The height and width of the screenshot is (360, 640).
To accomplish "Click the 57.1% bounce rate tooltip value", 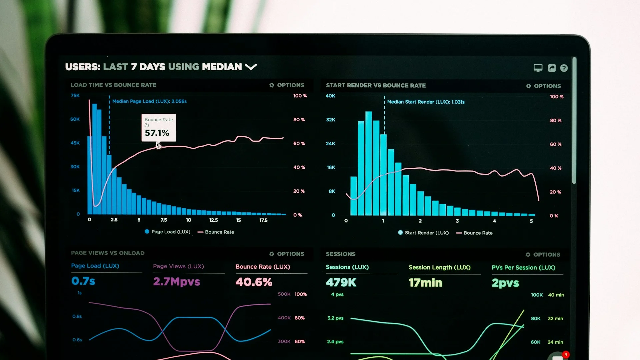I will click(157, 133).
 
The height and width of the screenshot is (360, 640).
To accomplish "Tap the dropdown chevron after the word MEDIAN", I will click(251, 67).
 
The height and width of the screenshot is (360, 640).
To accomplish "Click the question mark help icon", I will click(564, 68).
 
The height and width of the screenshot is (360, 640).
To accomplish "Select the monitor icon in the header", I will click(538, 68).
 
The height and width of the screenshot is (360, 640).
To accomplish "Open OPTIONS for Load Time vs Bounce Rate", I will click(287, 85).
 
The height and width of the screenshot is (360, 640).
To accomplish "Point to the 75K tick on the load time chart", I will click(75, 96).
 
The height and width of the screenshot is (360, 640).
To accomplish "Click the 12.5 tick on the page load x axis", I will click(213, 220).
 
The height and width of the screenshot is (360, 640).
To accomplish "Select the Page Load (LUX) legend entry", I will click(168, 232).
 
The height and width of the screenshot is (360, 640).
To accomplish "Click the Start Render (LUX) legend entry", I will click(423, 233).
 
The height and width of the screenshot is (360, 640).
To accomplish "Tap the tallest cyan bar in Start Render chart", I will click(368, 163).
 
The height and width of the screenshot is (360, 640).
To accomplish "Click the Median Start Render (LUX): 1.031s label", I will click(426, 102).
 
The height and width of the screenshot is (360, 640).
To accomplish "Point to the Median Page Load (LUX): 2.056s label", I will click(149, 101).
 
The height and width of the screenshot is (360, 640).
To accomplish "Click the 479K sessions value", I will click(341, 283).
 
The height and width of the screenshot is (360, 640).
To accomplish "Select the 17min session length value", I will click(425, 283).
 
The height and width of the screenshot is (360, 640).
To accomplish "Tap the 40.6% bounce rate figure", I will click(254, 282).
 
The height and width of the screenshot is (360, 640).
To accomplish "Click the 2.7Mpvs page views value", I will click(176, 282).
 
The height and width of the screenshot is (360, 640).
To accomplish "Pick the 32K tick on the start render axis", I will click(331, 120).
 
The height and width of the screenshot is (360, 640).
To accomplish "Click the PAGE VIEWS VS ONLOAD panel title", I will click(108, 253).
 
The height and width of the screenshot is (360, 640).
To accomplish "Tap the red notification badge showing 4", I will click(566, 354).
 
